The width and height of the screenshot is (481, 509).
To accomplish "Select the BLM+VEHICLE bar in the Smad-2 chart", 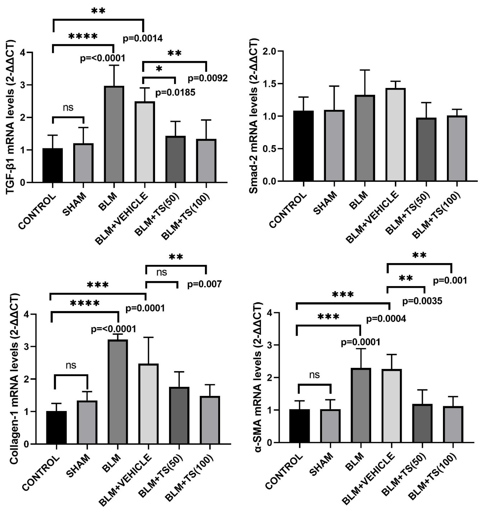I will [395, 135].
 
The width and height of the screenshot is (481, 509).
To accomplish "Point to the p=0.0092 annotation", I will [208, 78].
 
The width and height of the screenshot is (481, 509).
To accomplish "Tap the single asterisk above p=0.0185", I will [159, 69].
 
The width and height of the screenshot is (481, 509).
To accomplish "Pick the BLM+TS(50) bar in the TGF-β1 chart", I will [175, 159].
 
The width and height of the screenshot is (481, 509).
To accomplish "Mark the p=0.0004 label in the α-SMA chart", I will [386, 319].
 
